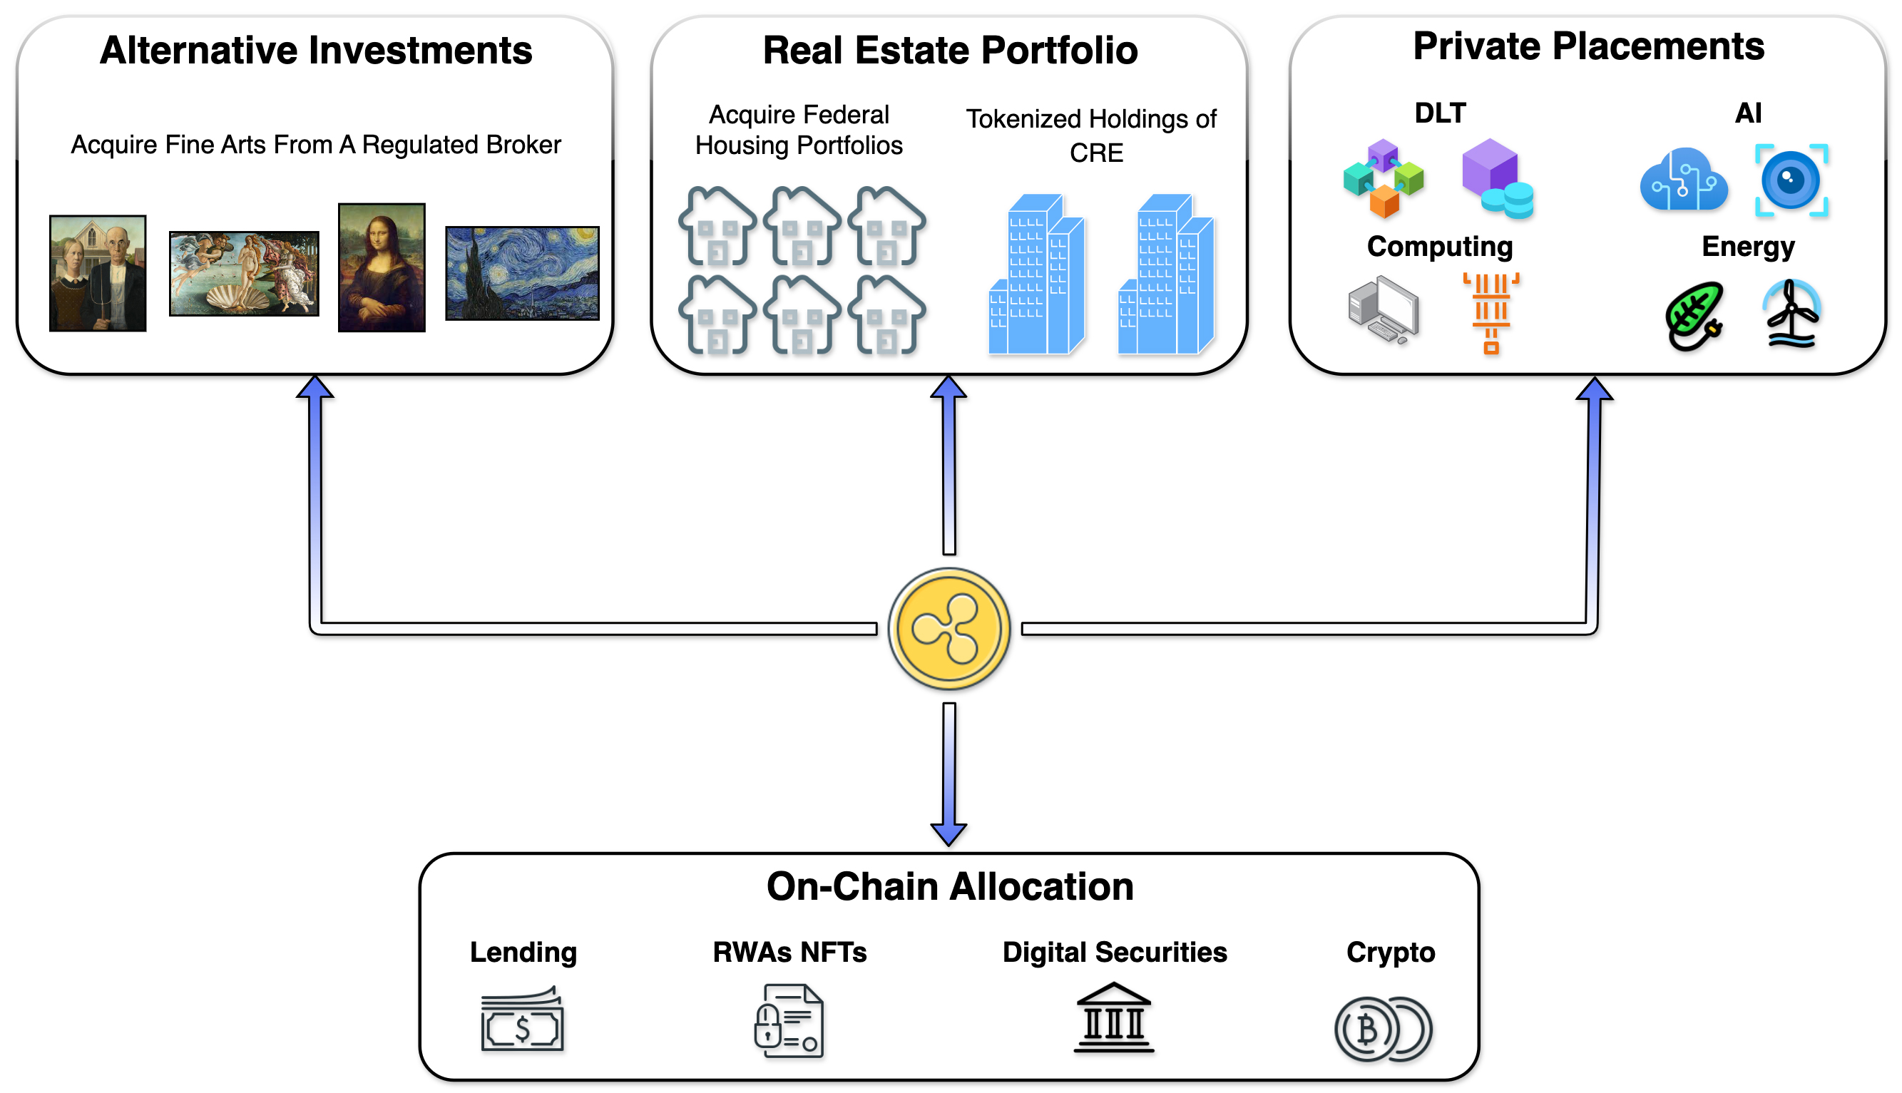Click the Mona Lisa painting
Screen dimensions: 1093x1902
tap(382, 267)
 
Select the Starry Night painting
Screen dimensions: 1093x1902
tap(522, 273)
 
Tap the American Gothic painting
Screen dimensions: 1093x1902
tap(98, 273)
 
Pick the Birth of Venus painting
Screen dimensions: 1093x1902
tap(244, 273)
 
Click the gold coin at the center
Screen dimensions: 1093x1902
tap(949, 628)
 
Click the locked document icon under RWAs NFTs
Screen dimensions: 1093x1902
tap(789, 1021)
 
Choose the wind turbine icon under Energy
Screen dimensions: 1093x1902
tap(1791, 314)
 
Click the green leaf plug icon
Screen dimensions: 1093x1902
tap(1694, 315)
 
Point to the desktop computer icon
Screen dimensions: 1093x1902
tap(1383, 310)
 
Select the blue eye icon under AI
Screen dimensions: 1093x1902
tap(1791, 180)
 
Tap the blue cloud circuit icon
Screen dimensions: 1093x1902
tap(1684, 180)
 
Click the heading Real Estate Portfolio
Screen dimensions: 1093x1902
tap(950, 51)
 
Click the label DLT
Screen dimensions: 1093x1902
tap(1439, 113)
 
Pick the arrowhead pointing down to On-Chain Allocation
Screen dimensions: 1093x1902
tap(949, 833)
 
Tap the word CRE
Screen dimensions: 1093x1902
tap(1096, 153)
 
